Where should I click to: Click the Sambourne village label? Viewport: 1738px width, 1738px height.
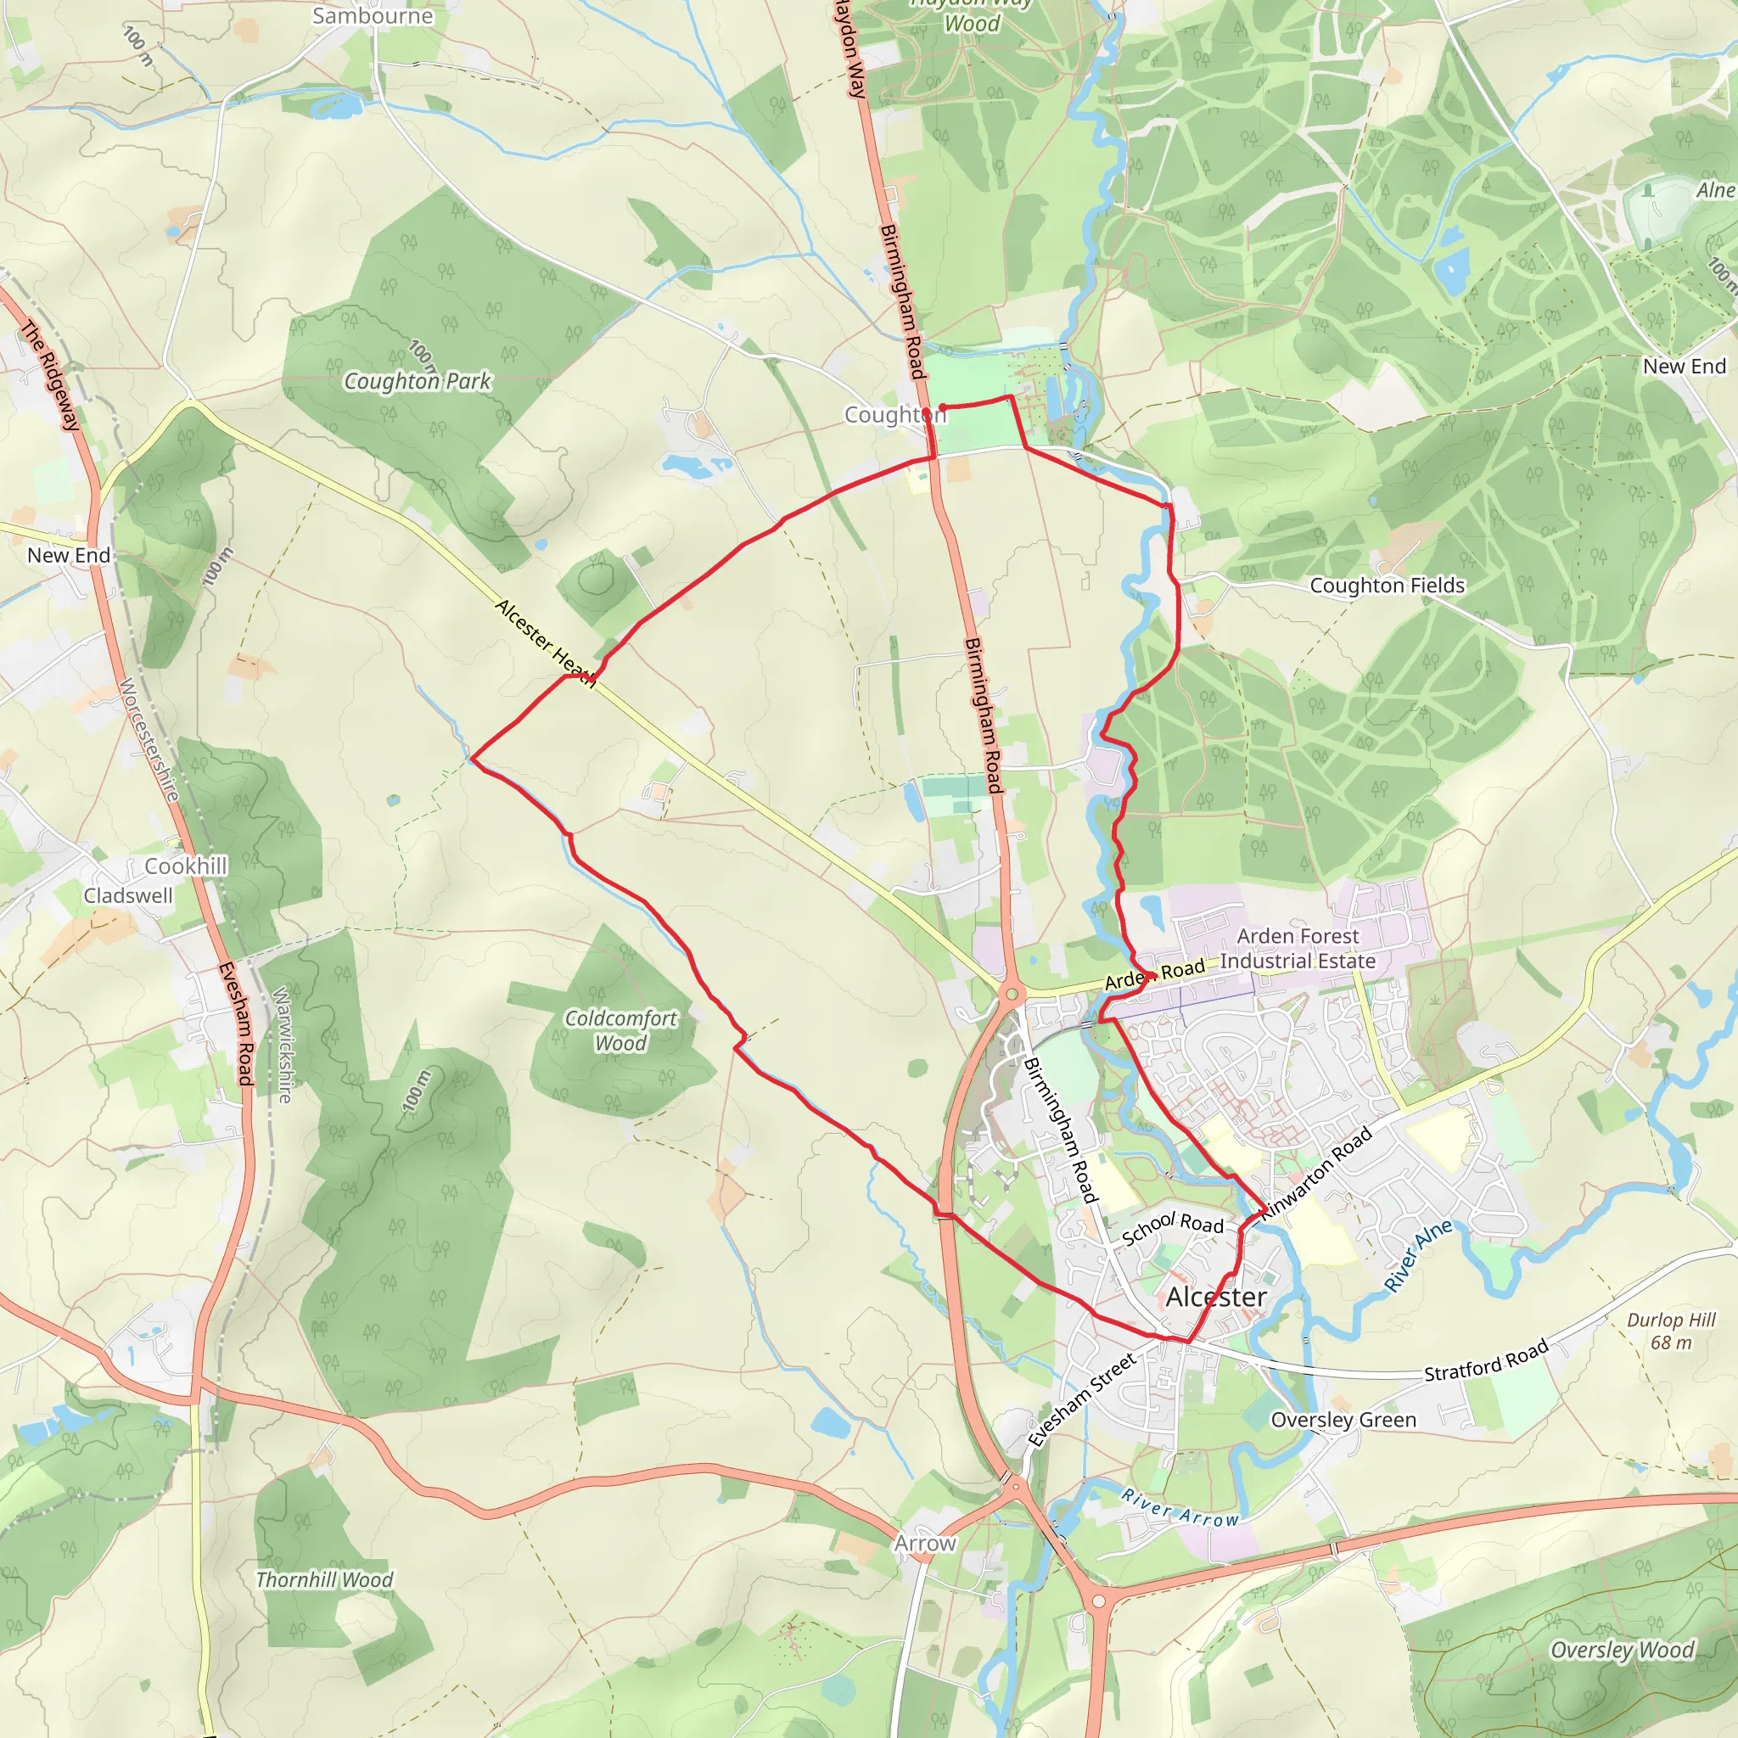(373, 16)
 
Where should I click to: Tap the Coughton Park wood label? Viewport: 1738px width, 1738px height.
(418, 381)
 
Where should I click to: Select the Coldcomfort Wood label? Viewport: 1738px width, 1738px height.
(620, 1031)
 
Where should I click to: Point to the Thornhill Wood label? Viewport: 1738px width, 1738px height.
(324, 1580)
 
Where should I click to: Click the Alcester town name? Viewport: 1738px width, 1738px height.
(1216, 1298)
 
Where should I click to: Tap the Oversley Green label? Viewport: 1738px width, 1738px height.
(1343, 1420)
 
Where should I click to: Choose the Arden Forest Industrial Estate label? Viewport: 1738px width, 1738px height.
(1298, 948)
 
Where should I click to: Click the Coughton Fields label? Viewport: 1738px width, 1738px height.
(1387, 586)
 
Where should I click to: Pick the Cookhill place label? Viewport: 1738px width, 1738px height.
(186, 866)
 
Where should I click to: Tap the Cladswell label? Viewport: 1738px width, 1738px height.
(128, 896)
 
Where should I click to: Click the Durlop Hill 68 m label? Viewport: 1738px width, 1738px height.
(1672, 1332)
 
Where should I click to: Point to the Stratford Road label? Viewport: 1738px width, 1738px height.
(1486, 1360)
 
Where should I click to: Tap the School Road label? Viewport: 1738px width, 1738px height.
(1172, 1227)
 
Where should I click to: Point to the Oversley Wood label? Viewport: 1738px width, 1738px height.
(1622, 1650)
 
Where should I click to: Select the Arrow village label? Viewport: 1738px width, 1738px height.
(925, 1544)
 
